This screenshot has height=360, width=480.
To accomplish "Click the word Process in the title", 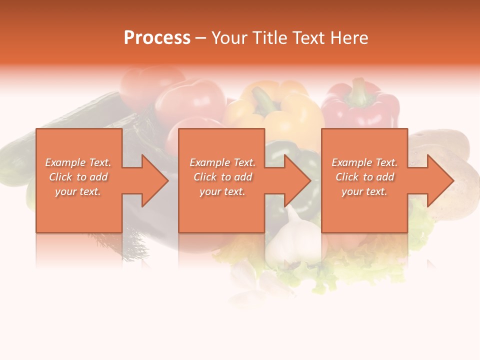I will point(157,37).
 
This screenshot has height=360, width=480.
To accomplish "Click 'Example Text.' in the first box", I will point(78,162).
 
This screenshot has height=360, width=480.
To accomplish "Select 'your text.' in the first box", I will point(78,191).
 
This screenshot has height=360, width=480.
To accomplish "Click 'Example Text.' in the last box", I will point(364,162).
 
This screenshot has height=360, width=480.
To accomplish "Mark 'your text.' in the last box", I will point(364,191).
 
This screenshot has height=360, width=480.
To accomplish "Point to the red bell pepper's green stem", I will point(358,89).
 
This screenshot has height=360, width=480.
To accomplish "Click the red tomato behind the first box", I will point(190,102).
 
